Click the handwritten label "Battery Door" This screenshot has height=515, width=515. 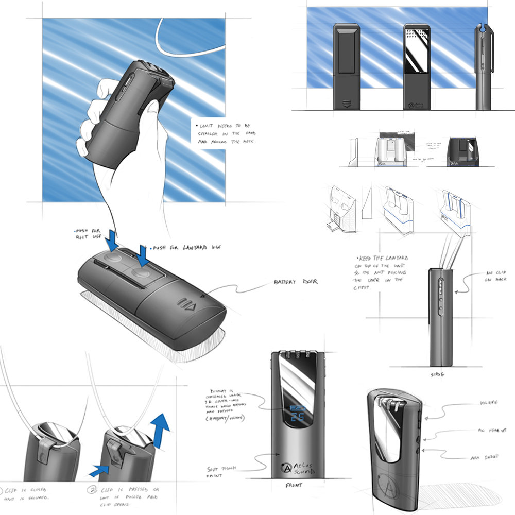[x=296, y=282]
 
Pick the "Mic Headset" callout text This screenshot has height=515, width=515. [x=490, y=428]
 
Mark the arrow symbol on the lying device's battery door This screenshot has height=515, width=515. [x=185, y=303]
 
